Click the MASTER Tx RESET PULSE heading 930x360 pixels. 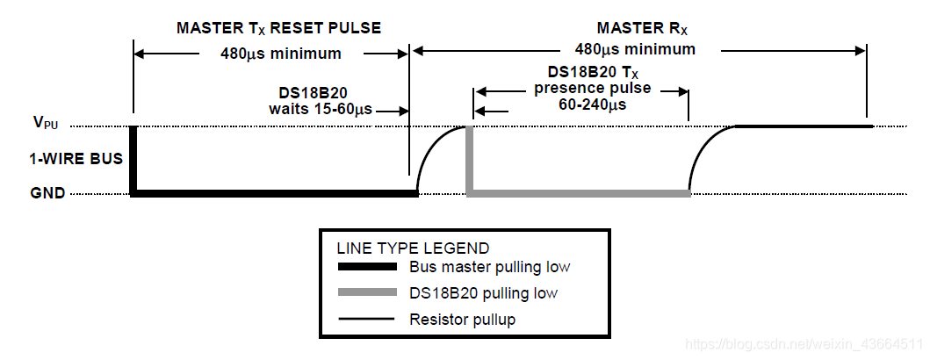(x=278, y=27)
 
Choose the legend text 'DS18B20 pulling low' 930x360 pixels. (x=483, y=293)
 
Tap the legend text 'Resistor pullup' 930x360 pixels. (x=462, y=320)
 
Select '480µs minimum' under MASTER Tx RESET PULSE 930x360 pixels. (x=280, y=54)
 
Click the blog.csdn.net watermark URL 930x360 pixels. (x=803, y=342)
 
